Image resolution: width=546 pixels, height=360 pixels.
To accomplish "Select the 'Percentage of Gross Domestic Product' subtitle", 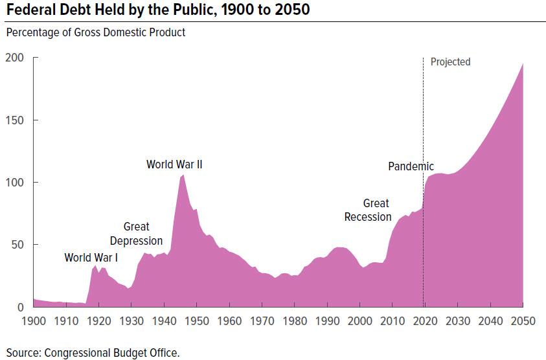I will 96,32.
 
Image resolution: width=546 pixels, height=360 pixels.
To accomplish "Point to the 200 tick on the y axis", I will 15,58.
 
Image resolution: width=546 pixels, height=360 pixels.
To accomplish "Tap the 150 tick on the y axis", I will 15,120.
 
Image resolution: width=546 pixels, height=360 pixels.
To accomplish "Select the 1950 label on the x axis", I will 196,320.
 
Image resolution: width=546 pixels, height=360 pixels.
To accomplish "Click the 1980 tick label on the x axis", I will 294,320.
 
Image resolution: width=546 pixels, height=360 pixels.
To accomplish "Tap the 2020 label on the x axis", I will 424,320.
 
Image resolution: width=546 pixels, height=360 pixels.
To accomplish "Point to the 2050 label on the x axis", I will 522,320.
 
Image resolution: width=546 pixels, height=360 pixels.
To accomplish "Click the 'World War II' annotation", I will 174,164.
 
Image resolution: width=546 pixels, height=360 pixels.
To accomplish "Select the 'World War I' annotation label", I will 91,258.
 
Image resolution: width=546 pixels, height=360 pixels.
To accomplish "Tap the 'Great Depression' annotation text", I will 136,234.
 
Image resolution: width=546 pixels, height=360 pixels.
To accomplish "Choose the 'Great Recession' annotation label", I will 368,210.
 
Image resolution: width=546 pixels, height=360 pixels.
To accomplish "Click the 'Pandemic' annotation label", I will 411,166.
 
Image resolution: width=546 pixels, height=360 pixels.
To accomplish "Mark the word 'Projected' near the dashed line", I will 450,62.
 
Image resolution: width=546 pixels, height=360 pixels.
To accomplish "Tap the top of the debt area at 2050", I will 522,63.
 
